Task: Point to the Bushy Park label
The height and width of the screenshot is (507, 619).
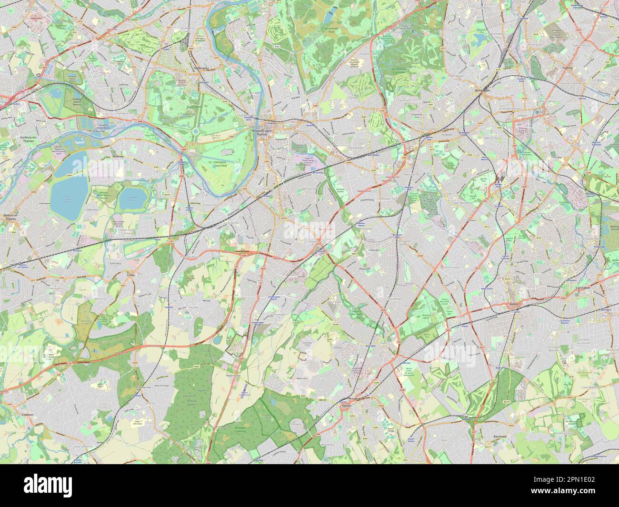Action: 180,109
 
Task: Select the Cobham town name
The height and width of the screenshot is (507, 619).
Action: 27,415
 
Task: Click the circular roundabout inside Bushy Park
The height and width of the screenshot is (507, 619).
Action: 195,131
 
